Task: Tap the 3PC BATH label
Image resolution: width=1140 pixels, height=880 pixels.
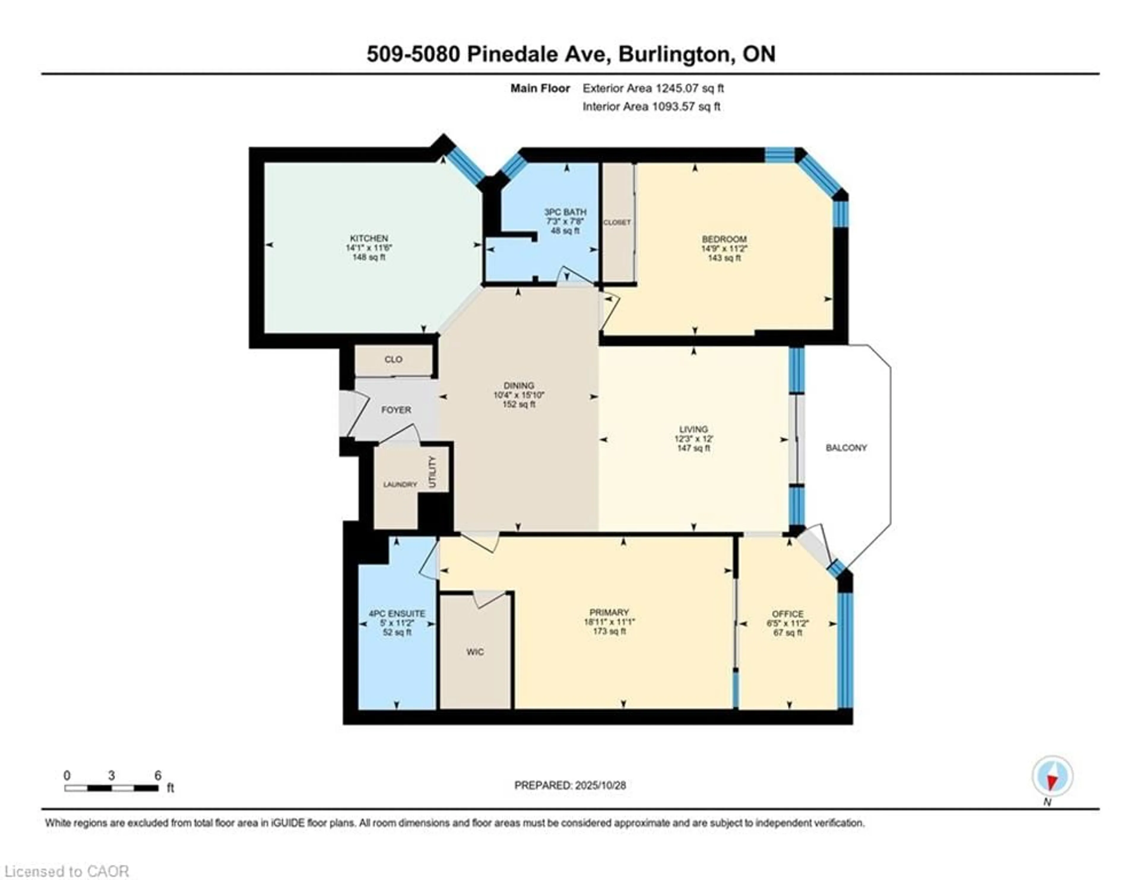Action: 565,212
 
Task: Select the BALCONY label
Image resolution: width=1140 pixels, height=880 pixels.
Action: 846,448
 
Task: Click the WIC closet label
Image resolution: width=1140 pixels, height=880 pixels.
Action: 474,652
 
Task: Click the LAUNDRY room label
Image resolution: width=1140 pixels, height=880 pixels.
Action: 400,484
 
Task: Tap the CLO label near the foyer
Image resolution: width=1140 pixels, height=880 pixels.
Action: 393,360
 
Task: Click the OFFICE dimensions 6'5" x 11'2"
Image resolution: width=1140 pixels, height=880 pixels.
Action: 788,623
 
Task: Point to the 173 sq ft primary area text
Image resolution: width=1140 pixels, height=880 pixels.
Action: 609,631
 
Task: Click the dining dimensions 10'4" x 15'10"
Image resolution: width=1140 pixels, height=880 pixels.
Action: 519,395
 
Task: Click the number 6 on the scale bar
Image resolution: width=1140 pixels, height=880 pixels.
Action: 158,775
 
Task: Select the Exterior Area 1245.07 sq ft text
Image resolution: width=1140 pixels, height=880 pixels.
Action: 653,88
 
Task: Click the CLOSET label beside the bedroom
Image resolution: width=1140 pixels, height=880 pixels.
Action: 617,222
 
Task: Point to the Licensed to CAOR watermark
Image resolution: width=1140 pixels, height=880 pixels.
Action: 66,871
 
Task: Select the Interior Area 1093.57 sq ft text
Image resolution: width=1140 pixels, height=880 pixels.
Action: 651,107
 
